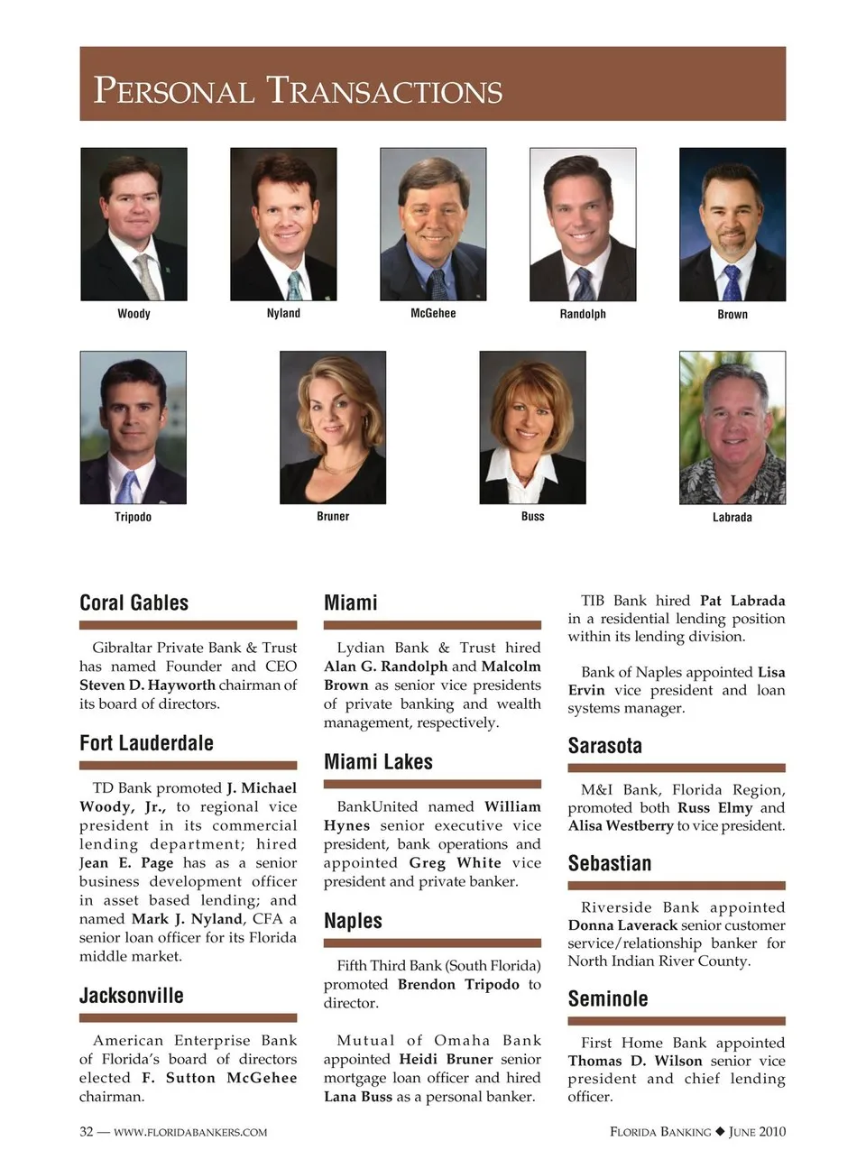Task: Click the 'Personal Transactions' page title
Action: pos(298,91)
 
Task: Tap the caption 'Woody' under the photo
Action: pos(134,314)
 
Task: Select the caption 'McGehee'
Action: pos(433,313)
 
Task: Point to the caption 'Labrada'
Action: pos(732,517)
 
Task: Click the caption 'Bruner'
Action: pos(333,516)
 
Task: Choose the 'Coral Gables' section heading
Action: pos(134,602)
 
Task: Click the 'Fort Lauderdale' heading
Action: pos(146,743)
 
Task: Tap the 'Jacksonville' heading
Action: pos(131,996)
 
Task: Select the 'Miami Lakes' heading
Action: pos(378,762)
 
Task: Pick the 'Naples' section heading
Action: pos(353,921)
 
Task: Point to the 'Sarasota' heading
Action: pos(604,746)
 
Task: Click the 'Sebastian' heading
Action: pos(609,863)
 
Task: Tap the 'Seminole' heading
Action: pos(607,998)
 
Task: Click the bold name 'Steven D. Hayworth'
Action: pos(147,685)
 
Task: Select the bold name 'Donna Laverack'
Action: pos(622,925)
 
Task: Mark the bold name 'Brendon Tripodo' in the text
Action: pos(458,984)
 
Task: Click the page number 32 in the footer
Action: pos(87,1132)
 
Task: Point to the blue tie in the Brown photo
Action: pos(732,281)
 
